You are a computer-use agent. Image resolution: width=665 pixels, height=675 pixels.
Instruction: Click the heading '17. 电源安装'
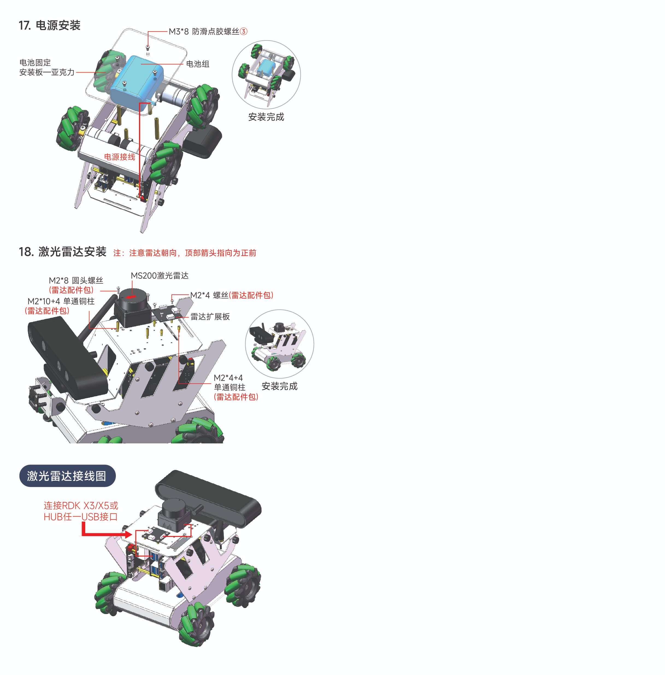(49, 25)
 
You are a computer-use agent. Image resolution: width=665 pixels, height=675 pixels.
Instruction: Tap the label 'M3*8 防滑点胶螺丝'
(204, 31)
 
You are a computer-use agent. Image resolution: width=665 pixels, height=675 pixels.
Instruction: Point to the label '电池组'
(198, 64)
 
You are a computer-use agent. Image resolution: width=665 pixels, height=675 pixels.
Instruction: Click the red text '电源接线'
(119, 157)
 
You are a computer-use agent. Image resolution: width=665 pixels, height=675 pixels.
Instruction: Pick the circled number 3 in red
(244, 31)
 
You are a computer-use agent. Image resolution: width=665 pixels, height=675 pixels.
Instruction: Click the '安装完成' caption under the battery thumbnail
(266, 117)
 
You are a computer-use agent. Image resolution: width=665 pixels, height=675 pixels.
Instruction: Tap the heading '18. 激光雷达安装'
(63, 252)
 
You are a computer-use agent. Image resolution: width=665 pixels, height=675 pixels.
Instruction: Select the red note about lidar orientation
(185, 253)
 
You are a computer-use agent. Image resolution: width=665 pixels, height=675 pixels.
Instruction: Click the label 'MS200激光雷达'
(160, 275)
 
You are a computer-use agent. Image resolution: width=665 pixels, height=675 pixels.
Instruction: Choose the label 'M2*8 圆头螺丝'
(76, 280)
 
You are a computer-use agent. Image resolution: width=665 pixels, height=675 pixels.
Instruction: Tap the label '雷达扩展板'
(210, 317)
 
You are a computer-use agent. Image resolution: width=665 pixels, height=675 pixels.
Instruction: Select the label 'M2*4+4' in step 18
(228, 378)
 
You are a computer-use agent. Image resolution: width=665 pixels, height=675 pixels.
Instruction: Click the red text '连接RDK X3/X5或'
(81, 505)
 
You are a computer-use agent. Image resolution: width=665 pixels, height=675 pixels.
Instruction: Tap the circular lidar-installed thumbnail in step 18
(279, 344)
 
